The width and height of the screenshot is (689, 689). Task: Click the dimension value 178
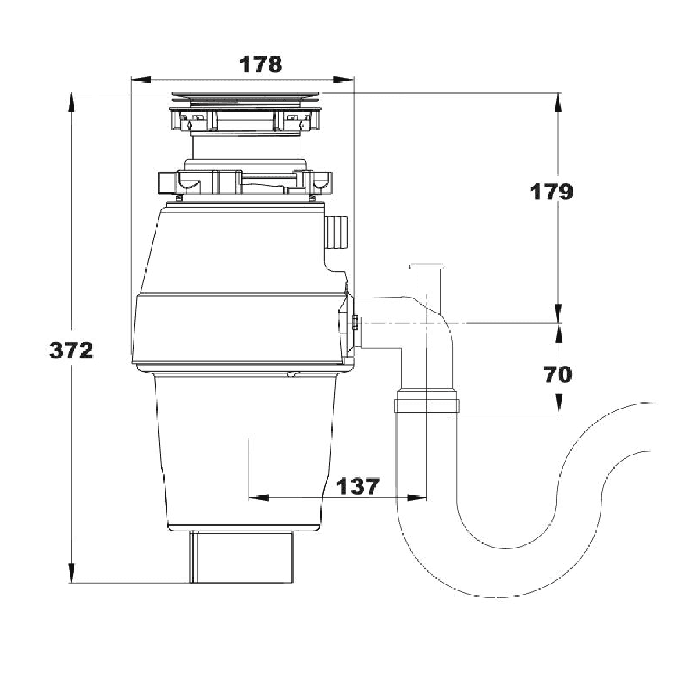tap(260, 65)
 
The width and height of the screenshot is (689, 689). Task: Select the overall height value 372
tap(71, 351)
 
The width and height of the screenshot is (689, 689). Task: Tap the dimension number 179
tap(551, 192)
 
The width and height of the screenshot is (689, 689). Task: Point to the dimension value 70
tap(557, 375)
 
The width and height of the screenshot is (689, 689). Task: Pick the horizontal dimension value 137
tap(357, 486)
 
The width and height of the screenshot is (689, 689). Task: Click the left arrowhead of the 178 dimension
tap(141, 79)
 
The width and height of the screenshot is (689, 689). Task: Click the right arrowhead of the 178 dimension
tap(344, 79)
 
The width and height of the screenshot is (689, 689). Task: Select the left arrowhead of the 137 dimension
tap(258, 498)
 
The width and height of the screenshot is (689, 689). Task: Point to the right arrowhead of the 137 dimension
tap(417, 498)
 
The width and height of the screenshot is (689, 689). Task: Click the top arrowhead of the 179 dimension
tap(559, 103)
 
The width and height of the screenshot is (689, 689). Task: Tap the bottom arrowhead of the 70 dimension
tap(559, 402)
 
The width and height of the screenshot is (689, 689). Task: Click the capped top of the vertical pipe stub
tap(426, 267)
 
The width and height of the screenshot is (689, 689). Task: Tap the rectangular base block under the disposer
tap(242, 557)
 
